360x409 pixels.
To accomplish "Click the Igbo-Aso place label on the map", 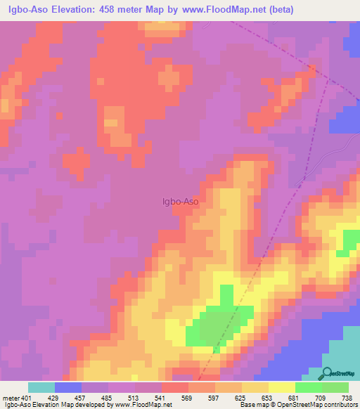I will tap(181, 202).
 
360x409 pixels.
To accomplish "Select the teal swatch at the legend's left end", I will tap(41, 387).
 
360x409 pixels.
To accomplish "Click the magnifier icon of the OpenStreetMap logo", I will tap(327, 373).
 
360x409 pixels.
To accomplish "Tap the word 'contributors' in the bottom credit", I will tap(338, 405).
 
